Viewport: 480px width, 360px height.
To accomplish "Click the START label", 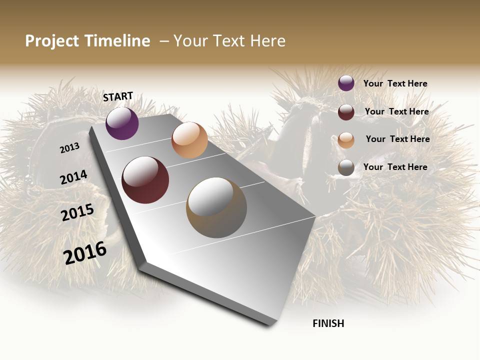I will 118,96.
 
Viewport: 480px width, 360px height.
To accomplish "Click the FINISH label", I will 328,323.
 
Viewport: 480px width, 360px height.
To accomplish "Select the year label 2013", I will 70,147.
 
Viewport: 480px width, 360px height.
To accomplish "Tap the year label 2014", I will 74,177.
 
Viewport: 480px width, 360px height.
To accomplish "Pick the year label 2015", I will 77,212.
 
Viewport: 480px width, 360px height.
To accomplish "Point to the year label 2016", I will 85,252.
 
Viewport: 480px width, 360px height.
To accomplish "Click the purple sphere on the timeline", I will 122,123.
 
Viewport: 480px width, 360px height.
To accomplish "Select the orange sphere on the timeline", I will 189,140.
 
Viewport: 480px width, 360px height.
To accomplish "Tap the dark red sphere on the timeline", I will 145,180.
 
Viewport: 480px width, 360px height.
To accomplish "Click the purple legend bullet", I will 346,83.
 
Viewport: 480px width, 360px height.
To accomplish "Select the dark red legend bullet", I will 346,112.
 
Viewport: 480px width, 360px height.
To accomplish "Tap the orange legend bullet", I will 346,140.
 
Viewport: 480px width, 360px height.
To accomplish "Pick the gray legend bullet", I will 346,167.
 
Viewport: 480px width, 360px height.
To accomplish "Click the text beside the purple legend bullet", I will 395,83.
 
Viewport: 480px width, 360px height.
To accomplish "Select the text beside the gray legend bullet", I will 395,167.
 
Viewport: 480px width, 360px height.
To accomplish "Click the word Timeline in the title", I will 117,41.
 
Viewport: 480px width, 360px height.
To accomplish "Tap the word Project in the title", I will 52,41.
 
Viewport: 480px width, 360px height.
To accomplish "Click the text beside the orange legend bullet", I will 397,139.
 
